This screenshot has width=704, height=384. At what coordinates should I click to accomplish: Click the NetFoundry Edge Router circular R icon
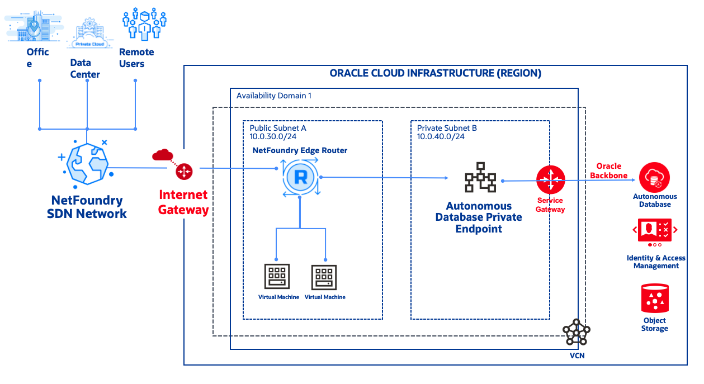click(300, 178)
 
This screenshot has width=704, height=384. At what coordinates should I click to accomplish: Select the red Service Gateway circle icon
click(551, 180)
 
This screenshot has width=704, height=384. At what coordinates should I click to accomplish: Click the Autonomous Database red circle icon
click(654, 178)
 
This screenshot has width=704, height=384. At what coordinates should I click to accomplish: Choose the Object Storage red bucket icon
click(655, 298)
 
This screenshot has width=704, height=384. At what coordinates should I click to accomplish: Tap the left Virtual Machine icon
click(278, 276)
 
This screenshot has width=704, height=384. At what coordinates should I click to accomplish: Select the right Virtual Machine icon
click(325, 276)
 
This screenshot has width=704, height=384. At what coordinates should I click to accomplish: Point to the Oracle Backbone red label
click(608, 170)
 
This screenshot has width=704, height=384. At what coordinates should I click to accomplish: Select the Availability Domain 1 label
click(273, 96)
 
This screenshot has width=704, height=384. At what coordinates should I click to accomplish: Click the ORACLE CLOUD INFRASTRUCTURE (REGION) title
click(435, 73)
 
